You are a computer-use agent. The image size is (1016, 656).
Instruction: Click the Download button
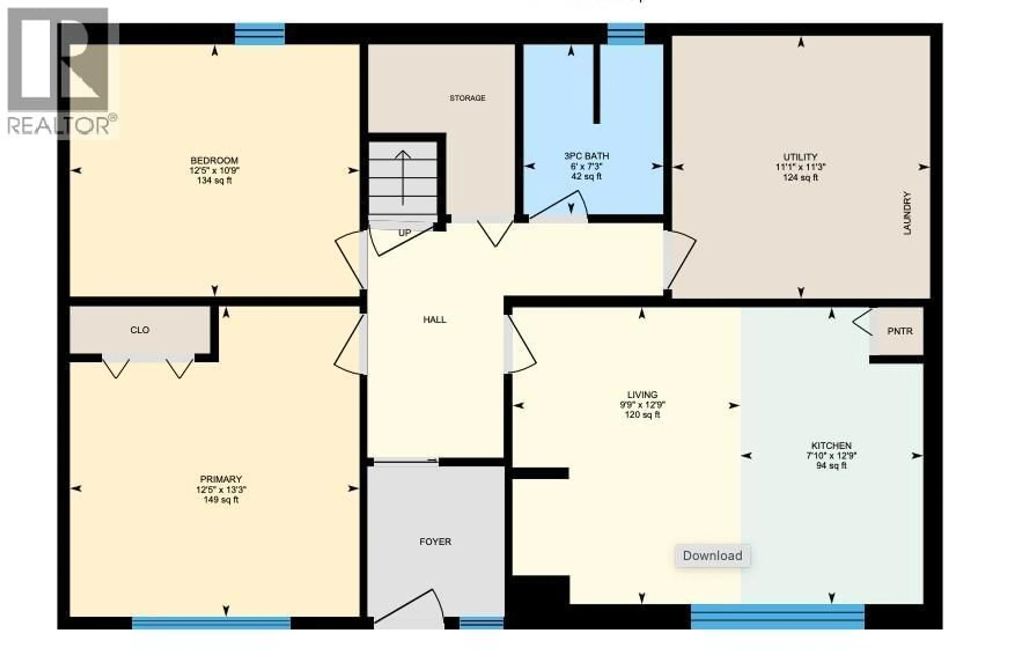tap(712, 556)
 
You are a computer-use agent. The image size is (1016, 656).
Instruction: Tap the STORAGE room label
tap(467, 98)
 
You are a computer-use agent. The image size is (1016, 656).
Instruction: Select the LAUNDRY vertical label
tap(907, 213)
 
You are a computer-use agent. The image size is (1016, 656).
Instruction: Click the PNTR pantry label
tap(900, 331)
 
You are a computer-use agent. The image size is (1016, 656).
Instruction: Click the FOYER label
tap(435, 542)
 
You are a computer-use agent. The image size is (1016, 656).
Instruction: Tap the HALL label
tap(434, 320)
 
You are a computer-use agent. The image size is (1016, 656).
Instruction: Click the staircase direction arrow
tap(403, 177)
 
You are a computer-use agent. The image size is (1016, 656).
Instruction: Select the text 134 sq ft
tap(214, 181)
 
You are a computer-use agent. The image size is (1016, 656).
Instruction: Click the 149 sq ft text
tap(221, 500)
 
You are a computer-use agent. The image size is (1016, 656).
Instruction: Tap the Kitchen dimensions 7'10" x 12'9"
tap(831, 456)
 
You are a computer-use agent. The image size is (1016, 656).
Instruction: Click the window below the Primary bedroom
tap(211, 623)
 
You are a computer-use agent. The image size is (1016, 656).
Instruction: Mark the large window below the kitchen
tap(777, 616)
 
